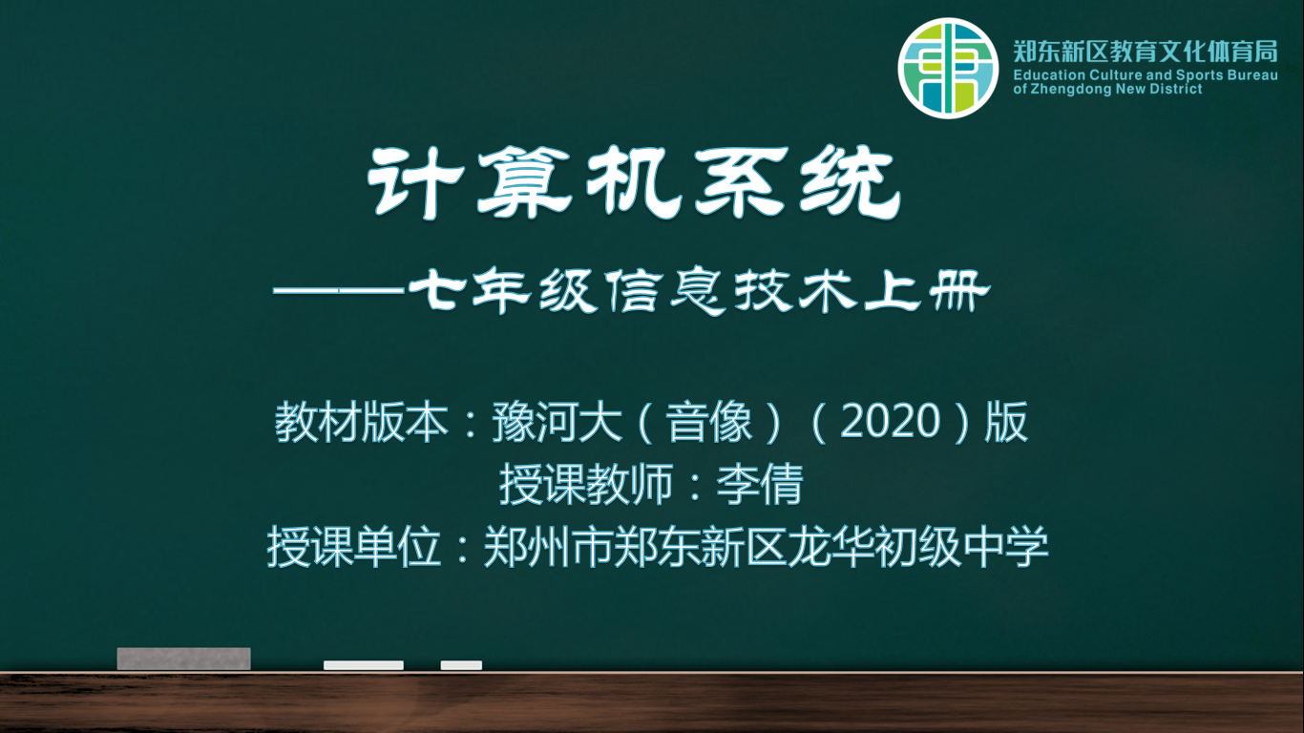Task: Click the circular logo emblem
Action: [948, 68]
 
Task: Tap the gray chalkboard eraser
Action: [184, 659]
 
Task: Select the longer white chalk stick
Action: [364, 665]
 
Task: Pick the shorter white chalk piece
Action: [461, 665]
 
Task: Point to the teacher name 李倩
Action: [760, 485]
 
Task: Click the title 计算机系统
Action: [634, 182]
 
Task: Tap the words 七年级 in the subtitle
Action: [502, 290]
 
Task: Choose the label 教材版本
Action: [362, 421]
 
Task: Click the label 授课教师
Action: [585, 485]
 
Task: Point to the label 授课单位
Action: [354, 547]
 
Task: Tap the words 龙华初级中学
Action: [918, 547]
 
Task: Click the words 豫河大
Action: [557, 421]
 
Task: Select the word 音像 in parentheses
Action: [709, 421]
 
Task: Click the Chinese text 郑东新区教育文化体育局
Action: [1146, 52]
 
